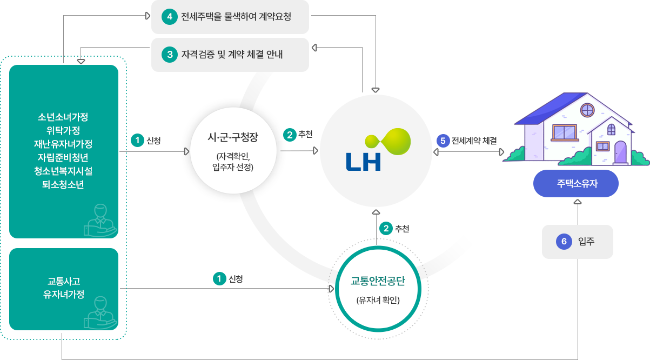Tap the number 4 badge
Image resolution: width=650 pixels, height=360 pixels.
(170, 17)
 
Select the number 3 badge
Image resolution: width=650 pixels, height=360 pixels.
(170, 55)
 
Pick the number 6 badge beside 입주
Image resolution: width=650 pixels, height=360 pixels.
(564, 242)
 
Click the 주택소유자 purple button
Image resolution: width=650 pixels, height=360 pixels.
(576, 185)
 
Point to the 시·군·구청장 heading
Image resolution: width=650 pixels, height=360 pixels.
(233, 137)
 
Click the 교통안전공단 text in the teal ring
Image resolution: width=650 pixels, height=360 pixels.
(378, 282)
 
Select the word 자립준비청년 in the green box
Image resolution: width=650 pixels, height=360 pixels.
(63, 157)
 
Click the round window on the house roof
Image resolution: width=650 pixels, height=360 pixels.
(587, 111)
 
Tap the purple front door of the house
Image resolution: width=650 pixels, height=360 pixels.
(621, 154)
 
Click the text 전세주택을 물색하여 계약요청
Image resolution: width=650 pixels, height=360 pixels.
(236, 17)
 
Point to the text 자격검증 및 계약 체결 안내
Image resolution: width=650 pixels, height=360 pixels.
(232, 55)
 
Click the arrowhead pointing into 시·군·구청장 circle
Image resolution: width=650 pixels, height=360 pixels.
(187, 152)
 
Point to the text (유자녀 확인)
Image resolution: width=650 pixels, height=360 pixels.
(378, 301)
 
